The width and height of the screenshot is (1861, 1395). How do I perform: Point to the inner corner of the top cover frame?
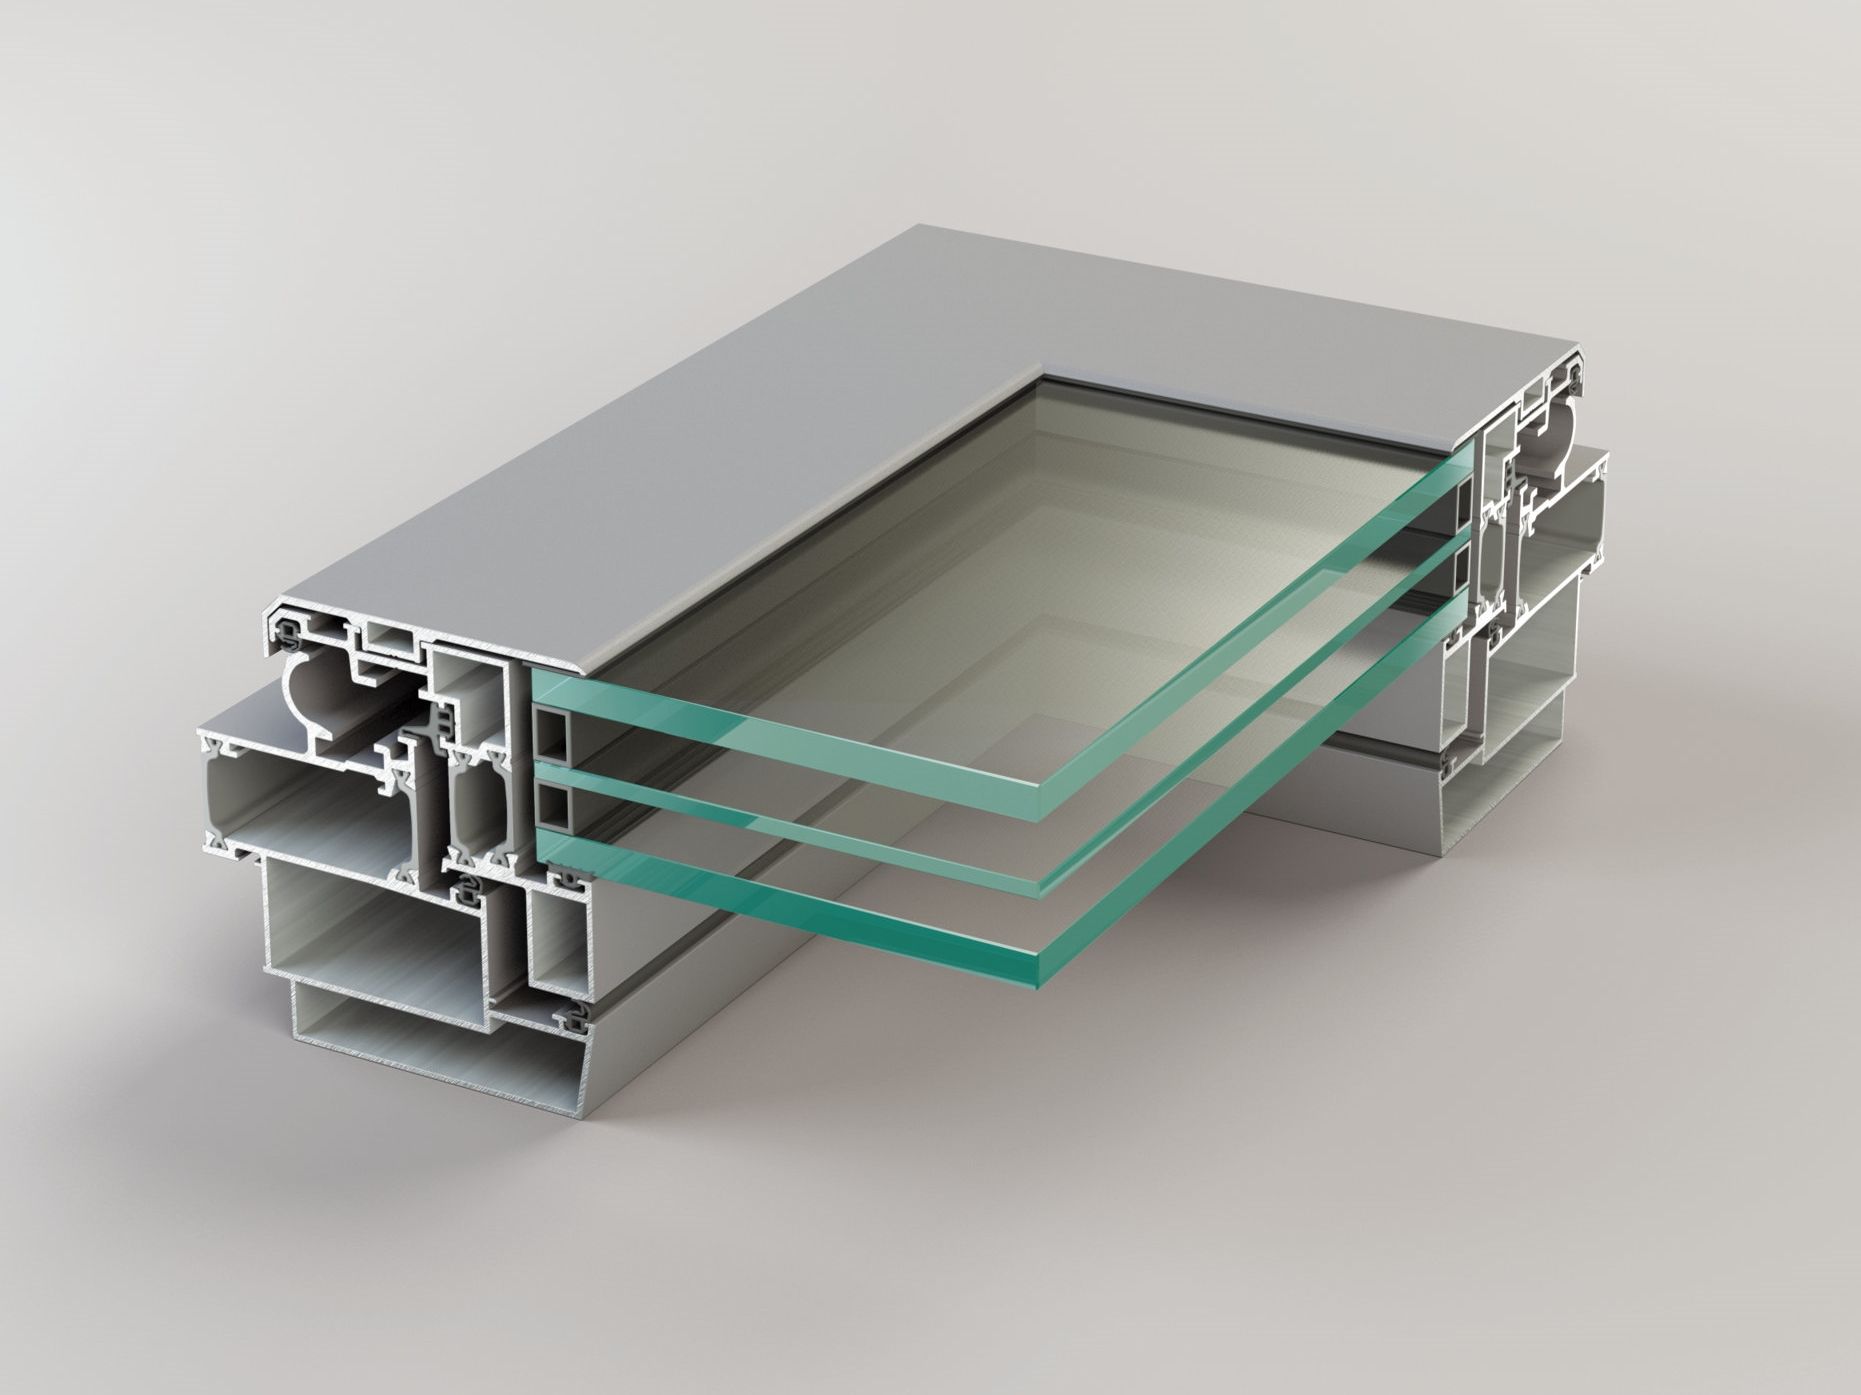click(x=1046, y=377)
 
